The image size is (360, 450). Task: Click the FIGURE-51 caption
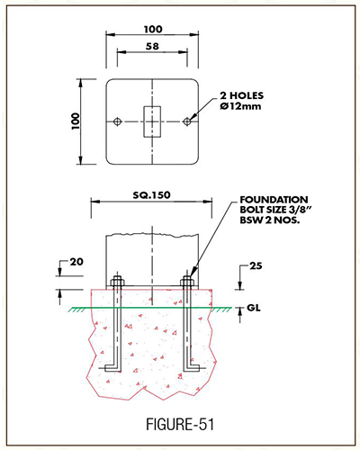(x=180, y=425)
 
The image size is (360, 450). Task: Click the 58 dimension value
(x=152, y=47)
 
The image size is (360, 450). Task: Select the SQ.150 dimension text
(x=152, y=195)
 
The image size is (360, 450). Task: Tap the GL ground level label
(x=254, y=308)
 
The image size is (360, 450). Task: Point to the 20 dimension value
(x=76, y=262)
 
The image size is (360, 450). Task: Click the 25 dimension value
(x=256, y=265)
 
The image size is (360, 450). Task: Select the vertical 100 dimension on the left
(x=76, y=121)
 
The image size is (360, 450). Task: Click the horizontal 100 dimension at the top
(x=153, y=30)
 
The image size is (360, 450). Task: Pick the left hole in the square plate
(x=117, y=121)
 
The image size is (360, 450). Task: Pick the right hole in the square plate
(x=187, y=121)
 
